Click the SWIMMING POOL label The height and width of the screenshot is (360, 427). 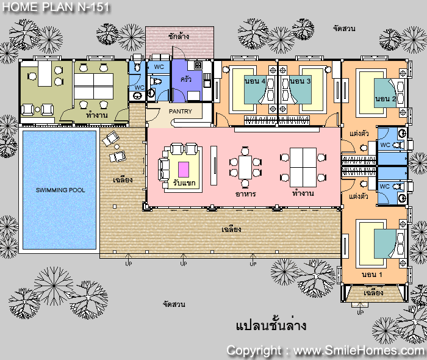tap(60, 190)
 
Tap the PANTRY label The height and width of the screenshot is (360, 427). tap(181, 112)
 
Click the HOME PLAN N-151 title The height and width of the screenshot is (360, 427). tap(56, 7)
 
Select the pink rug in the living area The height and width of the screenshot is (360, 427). tap(184, 169)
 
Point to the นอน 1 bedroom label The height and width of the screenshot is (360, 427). tap(372, 274)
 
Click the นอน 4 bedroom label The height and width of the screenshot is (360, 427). tap(255, 81)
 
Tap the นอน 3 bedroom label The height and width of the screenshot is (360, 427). tap(300, 81)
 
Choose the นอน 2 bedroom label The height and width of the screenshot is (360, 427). tap(386, 98)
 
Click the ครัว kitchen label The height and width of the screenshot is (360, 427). tap(185, 79)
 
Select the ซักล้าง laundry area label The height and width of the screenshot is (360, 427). tap(179, 36)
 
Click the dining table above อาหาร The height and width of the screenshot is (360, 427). tap(245, 167)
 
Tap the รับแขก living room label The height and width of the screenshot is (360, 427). tap(184, 182)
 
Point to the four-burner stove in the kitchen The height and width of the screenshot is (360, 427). tap(198, 65)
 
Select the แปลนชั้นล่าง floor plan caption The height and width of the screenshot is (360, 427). tap(271, 325)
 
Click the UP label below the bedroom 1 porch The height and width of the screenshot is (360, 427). tap(361, 312)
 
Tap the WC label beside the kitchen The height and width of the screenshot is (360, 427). tap(159, 67)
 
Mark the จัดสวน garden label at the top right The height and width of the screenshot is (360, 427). tap(344, 28)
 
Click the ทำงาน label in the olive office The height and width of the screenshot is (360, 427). tap(96, 115)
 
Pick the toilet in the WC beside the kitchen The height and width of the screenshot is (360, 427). tap(156, 81)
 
